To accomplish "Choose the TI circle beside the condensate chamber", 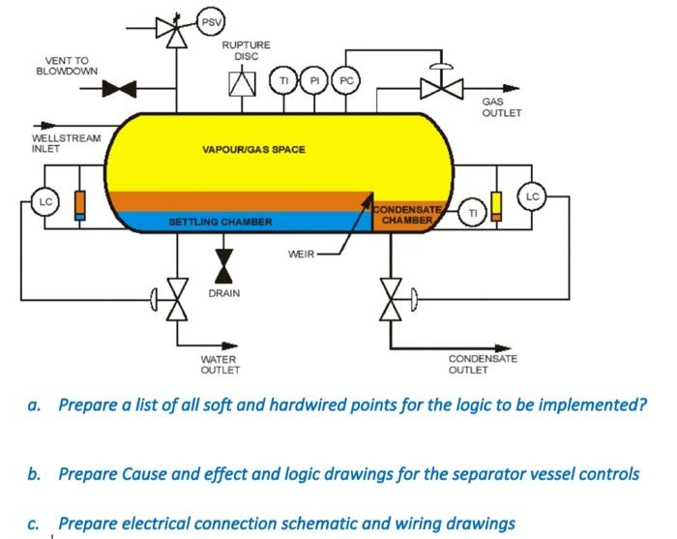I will point(473,213).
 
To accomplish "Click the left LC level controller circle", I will point(44,202).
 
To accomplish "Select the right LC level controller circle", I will point(534,195).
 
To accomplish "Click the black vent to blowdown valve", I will point(120,89).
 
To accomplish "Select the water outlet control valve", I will point(176,301).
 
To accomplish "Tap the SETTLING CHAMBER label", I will point(221,222).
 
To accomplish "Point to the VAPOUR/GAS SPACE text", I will point(253,150).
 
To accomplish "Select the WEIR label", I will point(302,255).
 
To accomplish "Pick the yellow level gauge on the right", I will point(496,206).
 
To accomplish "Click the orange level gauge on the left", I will point(79,205).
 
